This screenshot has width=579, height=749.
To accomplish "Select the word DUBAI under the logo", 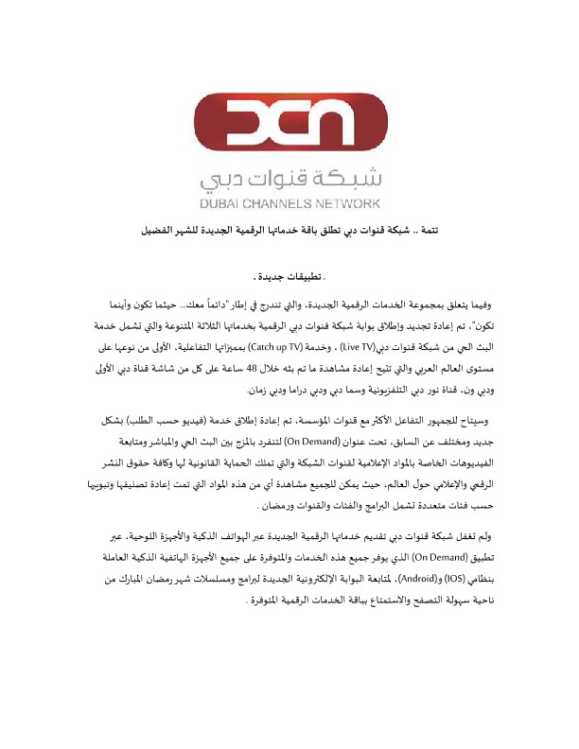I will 223,203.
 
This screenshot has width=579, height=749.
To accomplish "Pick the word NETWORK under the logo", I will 349,203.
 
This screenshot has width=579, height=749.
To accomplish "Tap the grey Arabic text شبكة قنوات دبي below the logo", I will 289,178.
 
